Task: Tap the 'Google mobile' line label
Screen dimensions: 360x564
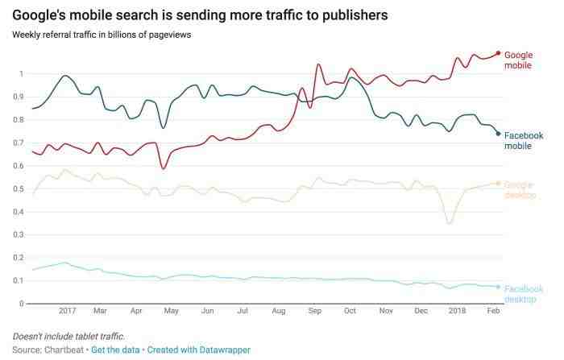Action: pyautogui.click(x=517, y=60)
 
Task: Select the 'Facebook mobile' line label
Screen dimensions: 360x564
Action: pyautogui.click(x=524, y=141)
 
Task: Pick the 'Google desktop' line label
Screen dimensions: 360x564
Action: pyautogui.click(x=520, y=189)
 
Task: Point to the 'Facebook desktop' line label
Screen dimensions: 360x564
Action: pyautogui.click(x=524, y=294)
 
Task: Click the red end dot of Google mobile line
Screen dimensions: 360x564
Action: pyautogui.click(x=499, y=53)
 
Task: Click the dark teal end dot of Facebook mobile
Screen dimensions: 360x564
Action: pyautogui.click(x=499, y=134)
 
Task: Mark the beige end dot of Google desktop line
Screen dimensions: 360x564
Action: pyautogui.click(x=499, y=184)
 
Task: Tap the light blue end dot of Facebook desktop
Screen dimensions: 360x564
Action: pyautogui.click(x=499, y=287)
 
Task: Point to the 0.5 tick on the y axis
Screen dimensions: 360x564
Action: pyautogui.click(x=19, y=188)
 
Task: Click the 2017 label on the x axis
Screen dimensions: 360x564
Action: pyautogui.click(x=67, y=310)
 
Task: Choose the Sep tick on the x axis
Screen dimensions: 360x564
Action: pyautogui.click(x=314, y=310)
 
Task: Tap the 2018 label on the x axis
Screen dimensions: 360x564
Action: pyautogui.click(x=458, y=310)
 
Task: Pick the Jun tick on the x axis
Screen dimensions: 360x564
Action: pyautogui.click(x=207, y=310)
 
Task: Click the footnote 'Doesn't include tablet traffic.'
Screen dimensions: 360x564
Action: pyautogui.click(x=68, y=335)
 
